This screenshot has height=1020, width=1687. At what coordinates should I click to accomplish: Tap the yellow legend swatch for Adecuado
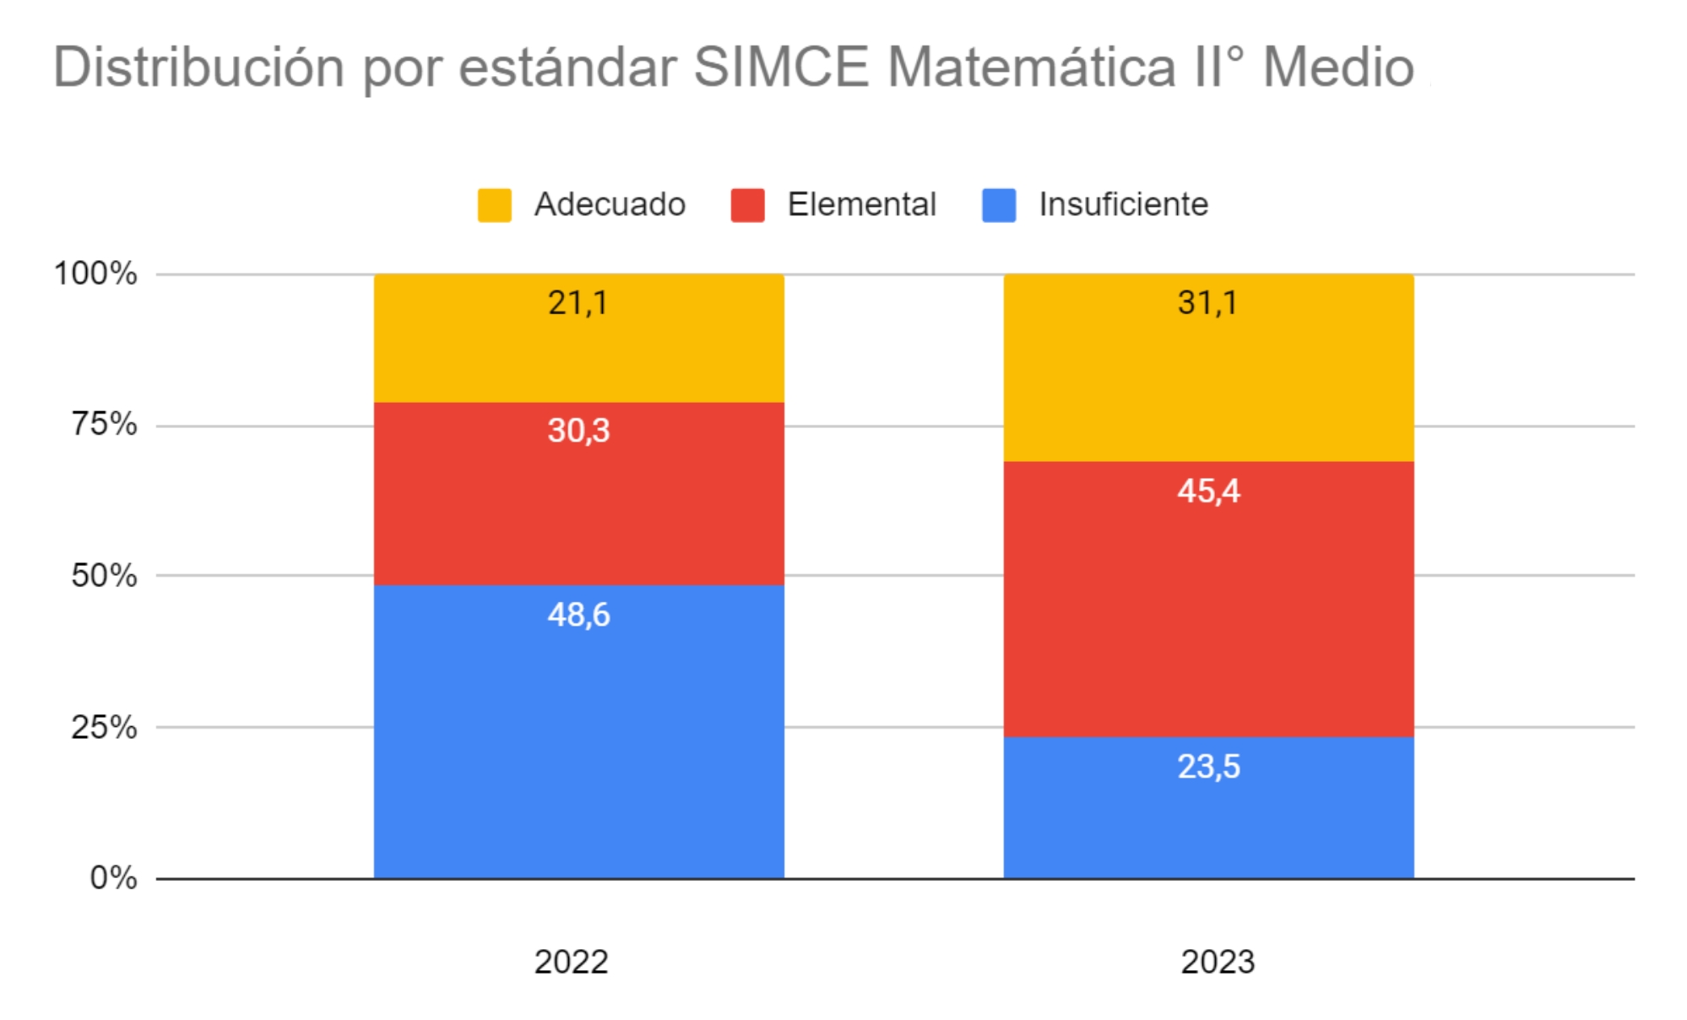(494, 205)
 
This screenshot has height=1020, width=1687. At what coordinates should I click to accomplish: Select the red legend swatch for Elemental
(747, 205)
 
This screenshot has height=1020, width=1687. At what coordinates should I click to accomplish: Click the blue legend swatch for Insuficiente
(999, 205)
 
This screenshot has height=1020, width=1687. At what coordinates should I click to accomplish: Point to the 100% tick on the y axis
(95, 273)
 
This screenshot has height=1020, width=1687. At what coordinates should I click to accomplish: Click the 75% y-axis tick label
(104, 424)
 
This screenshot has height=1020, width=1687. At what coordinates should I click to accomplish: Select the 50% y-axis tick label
(104, 575)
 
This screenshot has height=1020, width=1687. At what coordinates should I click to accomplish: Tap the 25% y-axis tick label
(104, 726)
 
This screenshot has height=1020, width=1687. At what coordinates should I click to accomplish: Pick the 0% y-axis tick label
(113, 877)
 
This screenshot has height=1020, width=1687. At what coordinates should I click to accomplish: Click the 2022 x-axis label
(571, 962)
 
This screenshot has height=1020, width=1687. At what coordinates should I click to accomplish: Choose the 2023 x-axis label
(1218, 962)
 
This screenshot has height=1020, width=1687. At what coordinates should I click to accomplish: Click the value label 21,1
(578, 302)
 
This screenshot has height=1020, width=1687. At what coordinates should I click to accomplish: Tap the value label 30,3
(578, 431)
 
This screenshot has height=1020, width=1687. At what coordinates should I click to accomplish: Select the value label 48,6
(578, 615)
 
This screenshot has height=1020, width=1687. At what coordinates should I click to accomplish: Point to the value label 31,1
(1208, 302)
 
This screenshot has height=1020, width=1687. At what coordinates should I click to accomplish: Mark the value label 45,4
(1208, 491)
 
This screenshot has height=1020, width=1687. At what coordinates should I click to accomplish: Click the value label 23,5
(1208, 767)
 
